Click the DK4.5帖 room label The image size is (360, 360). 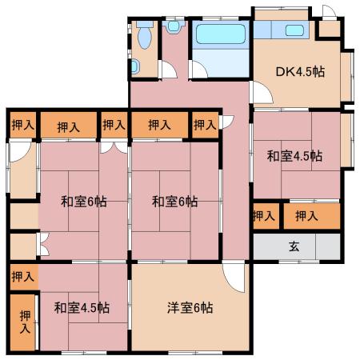[300, 71]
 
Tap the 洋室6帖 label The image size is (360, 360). [190, 307]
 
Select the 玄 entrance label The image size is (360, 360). [294, 246]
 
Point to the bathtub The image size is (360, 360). [221, 34]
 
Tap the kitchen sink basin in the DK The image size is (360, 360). [294, 30]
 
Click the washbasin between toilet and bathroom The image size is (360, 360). [174, 26]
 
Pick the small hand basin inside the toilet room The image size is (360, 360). [135, 66]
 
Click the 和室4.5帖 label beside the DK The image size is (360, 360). [294, 156]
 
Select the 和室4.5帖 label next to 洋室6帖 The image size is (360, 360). [82, 307]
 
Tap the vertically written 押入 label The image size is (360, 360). [25, 322]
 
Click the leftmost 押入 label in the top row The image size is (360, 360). [23, 125]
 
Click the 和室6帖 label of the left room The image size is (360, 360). [84, 202]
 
